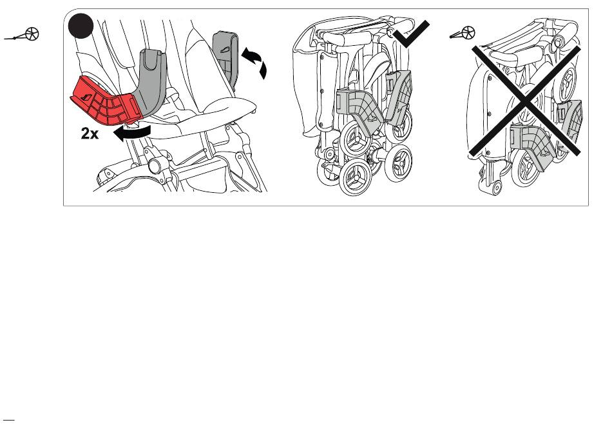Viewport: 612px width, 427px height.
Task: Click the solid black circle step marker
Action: point(81,26)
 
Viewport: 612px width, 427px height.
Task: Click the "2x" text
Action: point(90,134)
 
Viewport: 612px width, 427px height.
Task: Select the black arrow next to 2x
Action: point(131,133)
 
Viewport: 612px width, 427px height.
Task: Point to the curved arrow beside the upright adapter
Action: point(256,62)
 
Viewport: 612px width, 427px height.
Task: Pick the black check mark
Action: point(411,34)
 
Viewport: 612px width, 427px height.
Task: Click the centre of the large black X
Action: point(525,101)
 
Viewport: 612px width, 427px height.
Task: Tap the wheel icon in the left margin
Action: point(22,35)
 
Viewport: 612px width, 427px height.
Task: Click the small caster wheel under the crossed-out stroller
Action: point(496,188)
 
